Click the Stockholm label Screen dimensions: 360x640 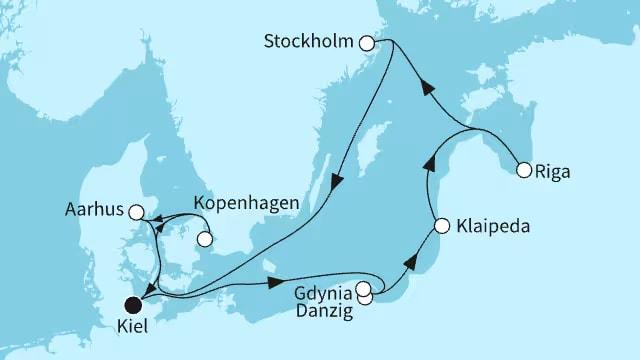tap(311, 43)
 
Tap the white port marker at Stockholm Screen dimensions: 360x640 tap(367, 43)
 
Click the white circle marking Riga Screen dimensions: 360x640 tap(523, 171)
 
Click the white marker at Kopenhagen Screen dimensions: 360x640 tap(206, 239)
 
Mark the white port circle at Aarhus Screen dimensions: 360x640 tap(136, 212)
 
